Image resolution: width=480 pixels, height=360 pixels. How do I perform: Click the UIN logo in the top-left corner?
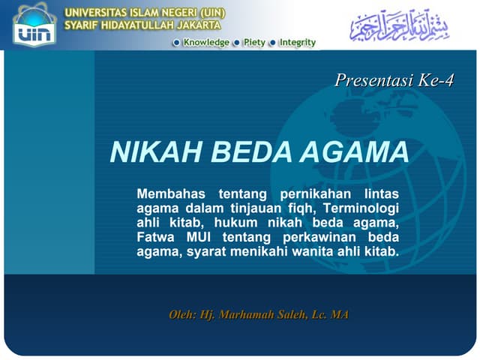(34, 24)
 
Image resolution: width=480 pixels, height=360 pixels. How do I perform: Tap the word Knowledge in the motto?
(205, 43)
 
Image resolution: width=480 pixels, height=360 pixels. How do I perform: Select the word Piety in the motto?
(254, 43)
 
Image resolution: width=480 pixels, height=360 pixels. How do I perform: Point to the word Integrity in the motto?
(297, 43)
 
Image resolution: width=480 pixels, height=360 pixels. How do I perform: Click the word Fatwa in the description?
(156, 237)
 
